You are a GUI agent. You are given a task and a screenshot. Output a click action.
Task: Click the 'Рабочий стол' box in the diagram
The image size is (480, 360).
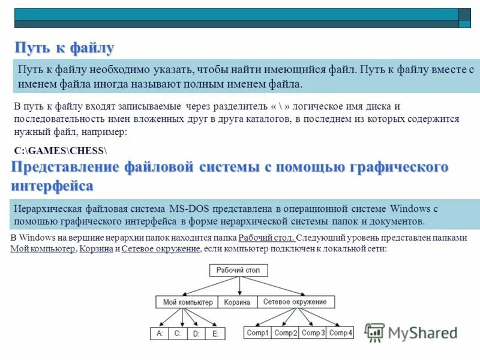tap(238, 271)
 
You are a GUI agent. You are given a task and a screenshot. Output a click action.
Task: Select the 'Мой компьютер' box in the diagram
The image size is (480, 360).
tap(187, 302)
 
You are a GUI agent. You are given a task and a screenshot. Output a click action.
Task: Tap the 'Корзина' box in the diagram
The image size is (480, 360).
tap(237, 302)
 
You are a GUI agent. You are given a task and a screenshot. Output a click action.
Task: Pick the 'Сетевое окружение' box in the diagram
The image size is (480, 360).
tap(295, 302)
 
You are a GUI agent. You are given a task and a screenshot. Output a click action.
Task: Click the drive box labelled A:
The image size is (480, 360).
tap(160, 333)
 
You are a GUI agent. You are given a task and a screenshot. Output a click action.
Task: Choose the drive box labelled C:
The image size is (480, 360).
tap(178, 333)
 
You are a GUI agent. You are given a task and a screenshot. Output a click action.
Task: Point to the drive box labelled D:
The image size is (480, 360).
tap(196, 334)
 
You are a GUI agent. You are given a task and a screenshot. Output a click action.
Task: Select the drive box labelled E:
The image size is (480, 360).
tap(215, 334)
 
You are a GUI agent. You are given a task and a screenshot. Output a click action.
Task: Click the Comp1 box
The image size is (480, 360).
tap(258, 332)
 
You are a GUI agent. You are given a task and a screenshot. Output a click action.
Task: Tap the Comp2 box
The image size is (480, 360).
tap(286, 332)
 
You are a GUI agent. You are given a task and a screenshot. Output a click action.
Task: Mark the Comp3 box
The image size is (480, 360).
tap(313, 332)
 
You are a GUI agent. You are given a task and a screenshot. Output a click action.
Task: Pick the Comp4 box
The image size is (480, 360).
tap(341, 332)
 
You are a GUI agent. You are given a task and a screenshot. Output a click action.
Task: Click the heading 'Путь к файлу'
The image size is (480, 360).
tap(64, 48)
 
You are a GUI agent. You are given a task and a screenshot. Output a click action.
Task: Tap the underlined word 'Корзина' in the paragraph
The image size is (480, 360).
tap(97, 248)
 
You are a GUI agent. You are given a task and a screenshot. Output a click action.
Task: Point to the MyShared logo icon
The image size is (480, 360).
tap(375, 332)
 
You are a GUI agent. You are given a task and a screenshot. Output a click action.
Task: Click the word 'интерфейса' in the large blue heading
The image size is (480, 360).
tap(52, 185)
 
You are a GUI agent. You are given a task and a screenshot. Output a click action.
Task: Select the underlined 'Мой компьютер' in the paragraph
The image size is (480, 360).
tap(43, 248)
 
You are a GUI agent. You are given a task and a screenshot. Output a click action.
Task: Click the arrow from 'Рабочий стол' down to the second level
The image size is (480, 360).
tap(238, 286)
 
